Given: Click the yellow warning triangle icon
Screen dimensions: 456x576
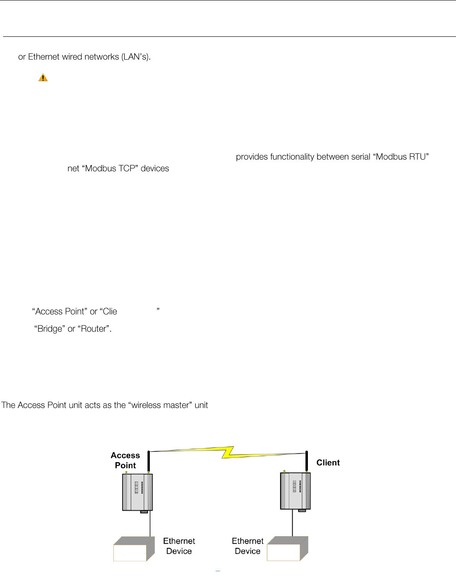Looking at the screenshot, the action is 43,78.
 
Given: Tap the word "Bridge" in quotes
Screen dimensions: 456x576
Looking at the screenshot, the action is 50,329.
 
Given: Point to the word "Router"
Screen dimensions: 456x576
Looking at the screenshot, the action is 94,329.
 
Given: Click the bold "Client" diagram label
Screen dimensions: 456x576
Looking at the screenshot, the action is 328,463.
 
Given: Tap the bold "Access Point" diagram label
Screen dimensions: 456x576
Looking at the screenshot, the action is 125,460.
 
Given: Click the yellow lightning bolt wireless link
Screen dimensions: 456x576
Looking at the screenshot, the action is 228,452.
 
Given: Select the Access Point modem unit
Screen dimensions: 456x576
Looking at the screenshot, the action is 137,492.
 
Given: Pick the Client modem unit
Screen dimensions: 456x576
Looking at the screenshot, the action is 295,491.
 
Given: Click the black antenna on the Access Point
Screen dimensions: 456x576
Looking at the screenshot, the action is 149,461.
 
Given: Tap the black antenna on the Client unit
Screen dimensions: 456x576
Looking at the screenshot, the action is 307,461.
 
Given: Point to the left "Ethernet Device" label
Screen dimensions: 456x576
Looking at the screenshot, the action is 179,546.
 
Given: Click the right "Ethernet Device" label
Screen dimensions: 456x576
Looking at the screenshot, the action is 247,546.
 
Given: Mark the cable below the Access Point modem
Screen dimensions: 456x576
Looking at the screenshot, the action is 150,525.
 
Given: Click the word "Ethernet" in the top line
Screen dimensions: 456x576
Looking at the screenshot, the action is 44,57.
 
